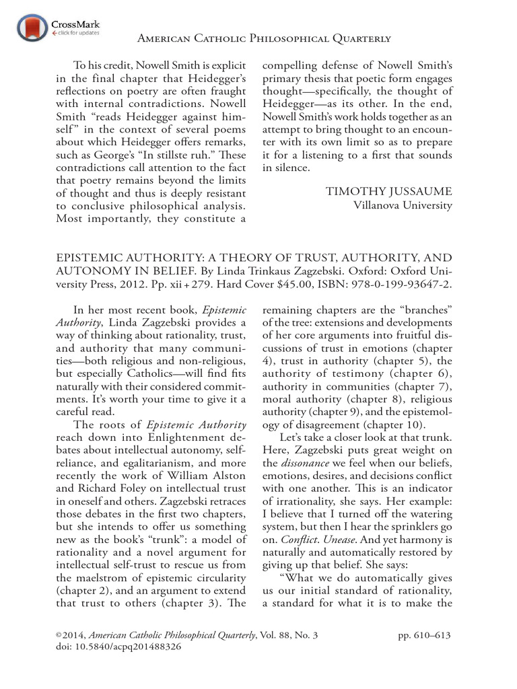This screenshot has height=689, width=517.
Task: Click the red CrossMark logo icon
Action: (31, 28)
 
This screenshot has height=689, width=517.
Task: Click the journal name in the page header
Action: (264, 40)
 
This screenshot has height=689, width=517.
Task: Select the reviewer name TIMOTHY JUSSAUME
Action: (389, 192)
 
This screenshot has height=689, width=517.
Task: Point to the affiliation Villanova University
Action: (403, 205)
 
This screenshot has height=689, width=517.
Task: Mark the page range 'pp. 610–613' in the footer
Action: (422, 634)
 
